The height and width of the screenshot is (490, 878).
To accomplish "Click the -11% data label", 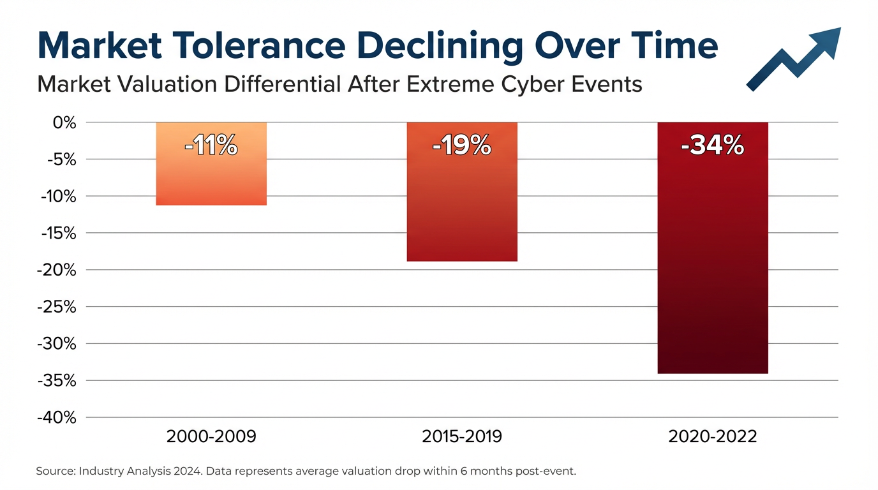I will click(211, 147).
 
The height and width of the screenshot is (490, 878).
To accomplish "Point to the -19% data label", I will click(462, 147).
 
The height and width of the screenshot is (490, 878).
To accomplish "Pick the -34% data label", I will click(713, 147).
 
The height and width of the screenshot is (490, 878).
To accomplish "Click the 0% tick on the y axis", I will click(64, 122).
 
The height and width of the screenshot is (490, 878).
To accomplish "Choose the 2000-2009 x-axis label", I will click(211, 437).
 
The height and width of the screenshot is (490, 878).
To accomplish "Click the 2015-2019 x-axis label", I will click(462, 437).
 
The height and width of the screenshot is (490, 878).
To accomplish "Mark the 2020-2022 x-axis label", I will click(713, 437).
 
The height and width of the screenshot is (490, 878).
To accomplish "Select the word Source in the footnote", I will click(56, 471).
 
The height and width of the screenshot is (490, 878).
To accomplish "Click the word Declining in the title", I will click(446, 47).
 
